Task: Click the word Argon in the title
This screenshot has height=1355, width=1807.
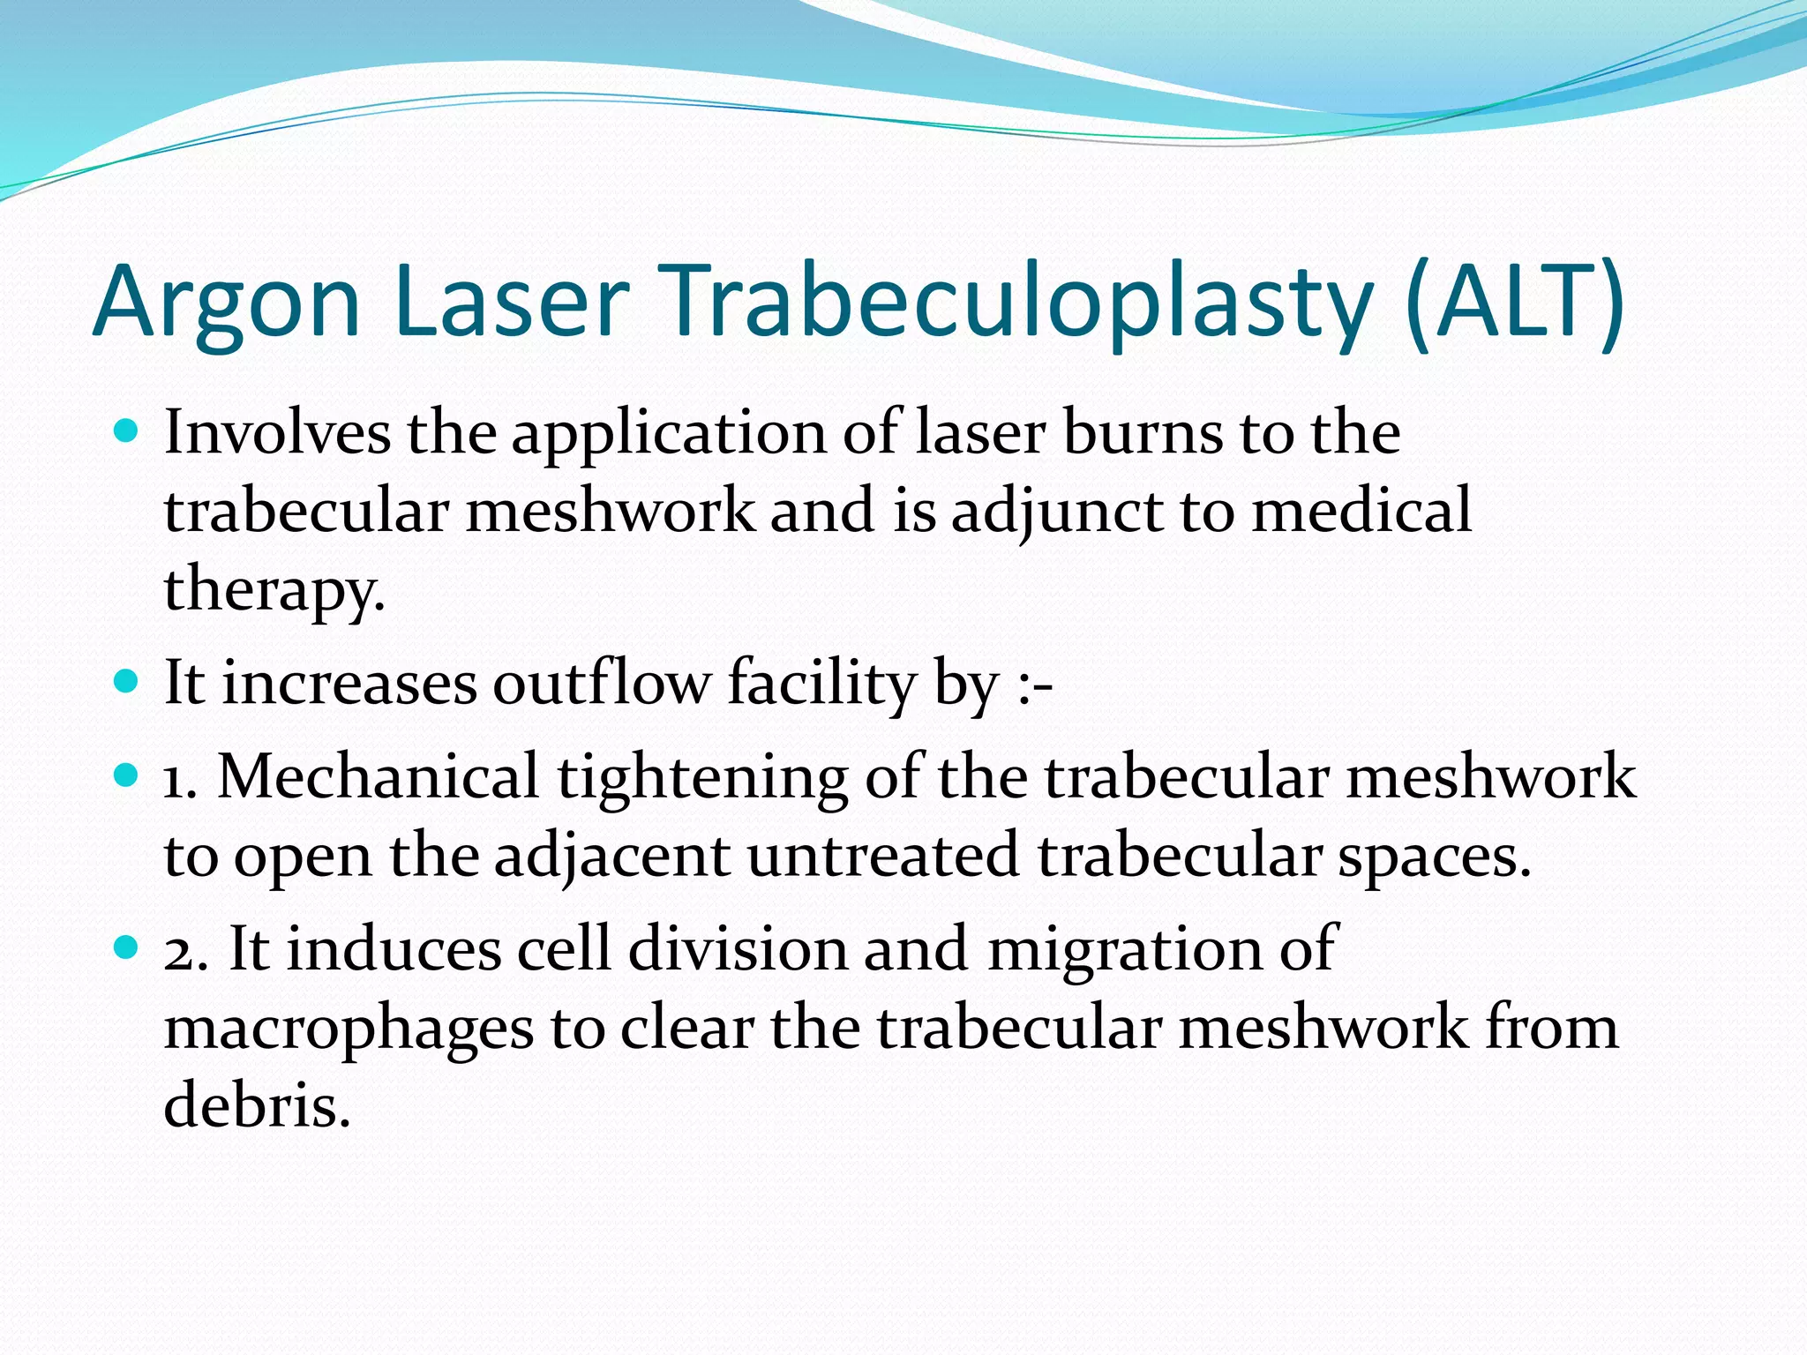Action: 227,302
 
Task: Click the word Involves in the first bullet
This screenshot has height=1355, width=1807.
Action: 277,432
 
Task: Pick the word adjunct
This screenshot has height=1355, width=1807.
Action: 1056,512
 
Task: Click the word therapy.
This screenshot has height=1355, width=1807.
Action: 274,589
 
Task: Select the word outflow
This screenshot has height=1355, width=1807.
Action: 600,683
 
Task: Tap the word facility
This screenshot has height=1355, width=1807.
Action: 821,683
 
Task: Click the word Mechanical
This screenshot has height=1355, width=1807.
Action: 378,776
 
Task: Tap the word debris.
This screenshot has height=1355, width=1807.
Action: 257,1104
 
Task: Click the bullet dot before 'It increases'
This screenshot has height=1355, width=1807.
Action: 128,682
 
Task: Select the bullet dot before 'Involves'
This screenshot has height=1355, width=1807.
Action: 128,431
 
